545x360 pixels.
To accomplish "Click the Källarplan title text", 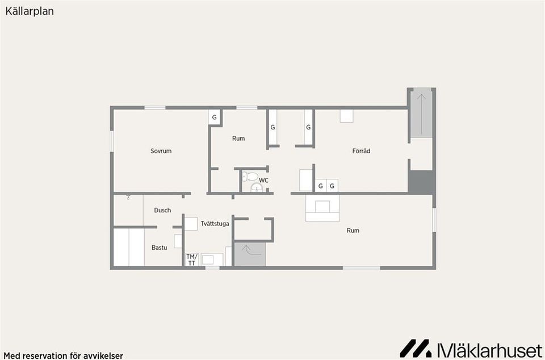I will click(x=30, y=11).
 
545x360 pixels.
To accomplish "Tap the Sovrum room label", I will click(x=161, y=151).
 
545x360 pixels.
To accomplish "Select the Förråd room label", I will click(x=361, y=151).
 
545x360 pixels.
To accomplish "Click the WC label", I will click(x=263, y=181).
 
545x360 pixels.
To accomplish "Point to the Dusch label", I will click(x=162, y=210).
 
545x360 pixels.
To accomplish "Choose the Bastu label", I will click(x=160, y=248).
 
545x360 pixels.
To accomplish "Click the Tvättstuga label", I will click(x=215, y=224).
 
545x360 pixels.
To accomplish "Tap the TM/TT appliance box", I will click(x=191, y=259).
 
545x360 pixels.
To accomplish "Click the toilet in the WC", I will click(x=250, y=176).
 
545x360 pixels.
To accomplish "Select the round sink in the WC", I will click(x=255, y=188).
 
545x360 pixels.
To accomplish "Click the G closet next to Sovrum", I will click(x=214, y=118).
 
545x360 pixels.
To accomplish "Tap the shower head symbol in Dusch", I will click(x=129, y=197).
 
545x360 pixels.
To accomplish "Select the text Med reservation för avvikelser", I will click(x=62, y=355).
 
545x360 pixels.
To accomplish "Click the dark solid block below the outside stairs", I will click(x=421, y=182).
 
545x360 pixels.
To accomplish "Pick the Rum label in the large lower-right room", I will click(x=353, y=231).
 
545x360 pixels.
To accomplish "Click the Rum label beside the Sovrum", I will click(x=238, y=139).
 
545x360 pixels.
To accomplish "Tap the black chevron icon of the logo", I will click(x=416, y=348).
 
